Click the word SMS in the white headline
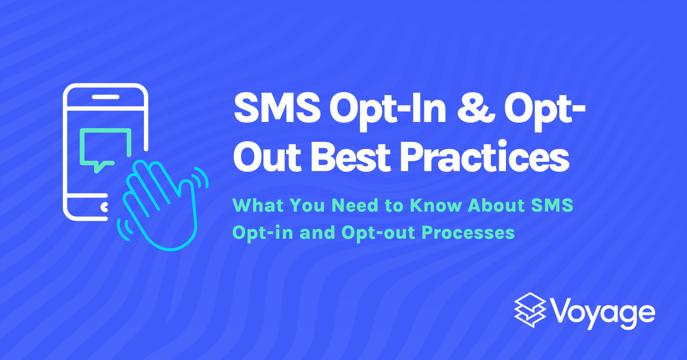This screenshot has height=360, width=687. click(277, 108)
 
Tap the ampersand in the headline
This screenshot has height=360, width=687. click(476, 108)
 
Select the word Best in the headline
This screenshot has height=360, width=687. click(351, 157)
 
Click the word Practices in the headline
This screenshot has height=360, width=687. click(485, 157)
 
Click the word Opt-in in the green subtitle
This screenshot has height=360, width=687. click(262, 233)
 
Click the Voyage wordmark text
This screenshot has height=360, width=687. click(603, 313)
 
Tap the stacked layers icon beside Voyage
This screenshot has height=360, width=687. click(530, 310)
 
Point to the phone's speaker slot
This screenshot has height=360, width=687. click(105, 97)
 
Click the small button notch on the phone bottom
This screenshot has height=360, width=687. click(104, 207)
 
